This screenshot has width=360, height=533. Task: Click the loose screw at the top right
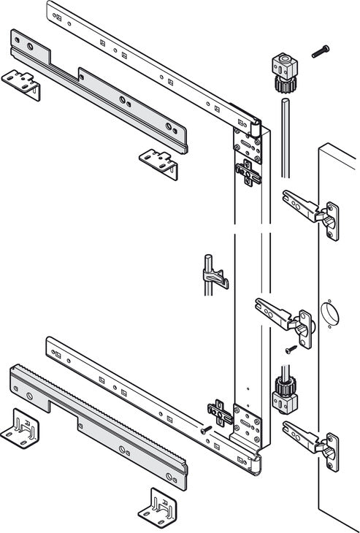click(x=320, y=51)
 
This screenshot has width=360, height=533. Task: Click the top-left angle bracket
click(x=20, y=83)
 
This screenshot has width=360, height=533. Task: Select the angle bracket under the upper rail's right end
click(x=160, y=162)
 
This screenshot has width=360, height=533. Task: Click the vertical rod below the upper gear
click(x=283, y=139)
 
